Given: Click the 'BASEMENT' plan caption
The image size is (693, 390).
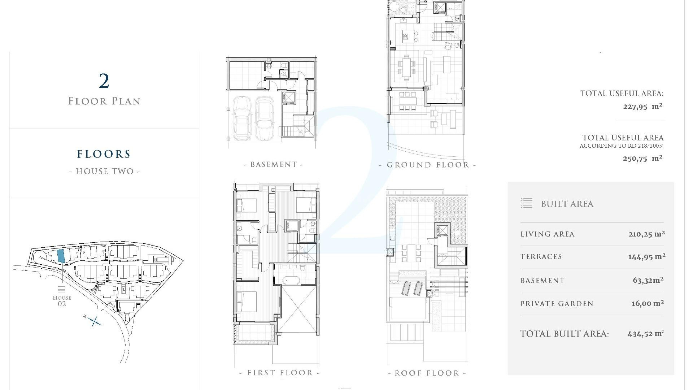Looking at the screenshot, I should pos(274,165).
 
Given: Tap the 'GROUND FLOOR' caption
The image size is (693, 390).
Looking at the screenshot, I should pos(428,165).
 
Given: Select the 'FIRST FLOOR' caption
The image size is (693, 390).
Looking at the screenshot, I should pos(280,373).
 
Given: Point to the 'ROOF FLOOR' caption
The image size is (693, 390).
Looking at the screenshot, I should pos(427,373).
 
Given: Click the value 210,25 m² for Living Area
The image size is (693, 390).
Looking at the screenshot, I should pos(646,234).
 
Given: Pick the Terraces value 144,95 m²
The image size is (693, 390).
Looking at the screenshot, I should pos(646,257).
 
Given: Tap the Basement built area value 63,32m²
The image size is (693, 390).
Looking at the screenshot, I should pos(648,280).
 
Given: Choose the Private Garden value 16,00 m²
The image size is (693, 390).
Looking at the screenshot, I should pos(648,303).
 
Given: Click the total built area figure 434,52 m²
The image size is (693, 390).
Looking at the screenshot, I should pos(645,334).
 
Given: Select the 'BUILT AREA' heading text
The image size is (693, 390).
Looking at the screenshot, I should pos(567,204).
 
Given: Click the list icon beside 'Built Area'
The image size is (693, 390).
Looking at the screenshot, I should pos(527,203).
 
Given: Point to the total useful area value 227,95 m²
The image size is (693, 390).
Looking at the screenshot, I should pos(642,107).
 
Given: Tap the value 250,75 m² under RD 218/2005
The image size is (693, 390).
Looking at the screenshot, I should pos(642,159).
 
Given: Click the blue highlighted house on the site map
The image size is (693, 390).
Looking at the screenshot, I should pos(61,256).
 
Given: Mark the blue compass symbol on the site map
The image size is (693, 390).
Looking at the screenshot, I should pos(94,321).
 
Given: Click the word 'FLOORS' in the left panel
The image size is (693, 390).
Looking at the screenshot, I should pos(104,154).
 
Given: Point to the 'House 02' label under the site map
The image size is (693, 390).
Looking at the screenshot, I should pos(62,300).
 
